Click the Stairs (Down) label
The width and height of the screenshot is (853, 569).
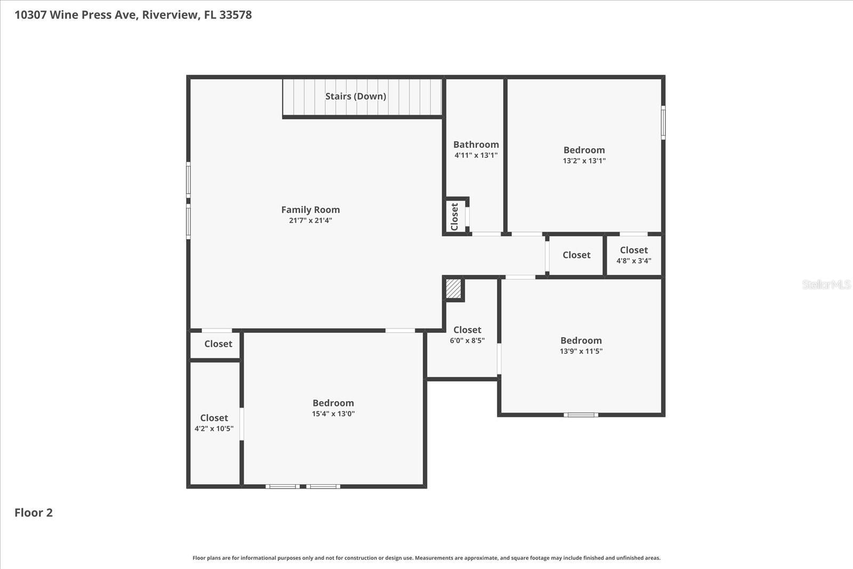coord(356,97)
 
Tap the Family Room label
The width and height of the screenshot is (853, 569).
coord(310,210)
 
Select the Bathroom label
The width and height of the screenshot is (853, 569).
coord(476,145)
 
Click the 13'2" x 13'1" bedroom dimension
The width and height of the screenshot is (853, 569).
coord(584,161)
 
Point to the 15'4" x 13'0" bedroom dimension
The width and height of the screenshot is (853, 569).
coord(333,414)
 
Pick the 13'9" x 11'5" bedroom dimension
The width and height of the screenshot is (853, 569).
coord(581,351)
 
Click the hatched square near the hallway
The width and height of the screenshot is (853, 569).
coord(453,289)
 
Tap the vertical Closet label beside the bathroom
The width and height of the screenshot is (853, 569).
coord(455,216)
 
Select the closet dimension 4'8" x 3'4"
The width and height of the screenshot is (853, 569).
coord(634,261)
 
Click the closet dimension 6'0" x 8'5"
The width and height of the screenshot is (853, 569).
coord(467,340)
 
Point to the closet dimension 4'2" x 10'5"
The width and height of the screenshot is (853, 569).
coord(214,429)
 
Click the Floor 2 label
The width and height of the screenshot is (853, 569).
coord(34,512)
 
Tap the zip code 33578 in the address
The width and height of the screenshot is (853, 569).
coord(235,15)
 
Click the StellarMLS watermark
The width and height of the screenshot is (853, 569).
coord(826,284)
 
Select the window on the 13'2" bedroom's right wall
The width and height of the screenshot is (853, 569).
coord(663,123)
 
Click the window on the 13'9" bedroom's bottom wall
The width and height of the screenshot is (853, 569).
coord(581,414)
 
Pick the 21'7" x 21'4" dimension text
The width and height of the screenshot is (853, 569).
coord(310,220)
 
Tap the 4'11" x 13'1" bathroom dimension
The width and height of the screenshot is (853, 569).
coord(476,155)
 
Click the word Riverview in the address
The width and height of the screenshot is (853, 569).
coord(170,15)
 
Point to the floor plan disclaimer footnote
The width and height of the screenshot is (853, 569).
coord(426,558)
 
